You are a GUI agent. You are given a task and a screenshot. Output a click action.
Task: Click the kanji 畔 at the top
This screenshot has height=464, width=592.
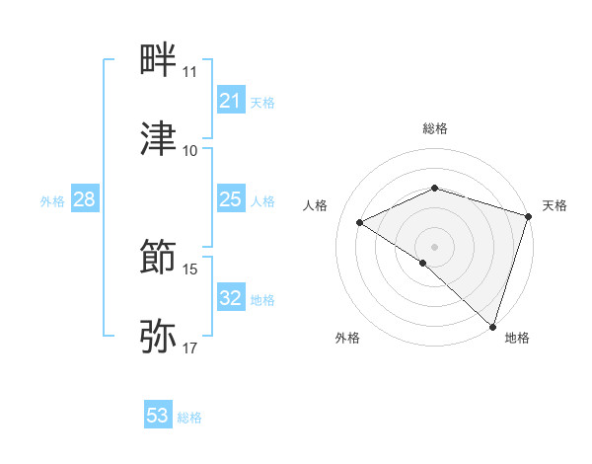159,60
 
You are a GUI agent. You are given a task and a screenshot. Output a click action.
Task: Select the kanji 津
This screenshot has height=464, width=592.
159,138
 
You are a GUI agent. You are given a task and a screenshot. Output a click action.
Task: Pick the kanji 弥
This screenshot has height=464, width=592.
159,337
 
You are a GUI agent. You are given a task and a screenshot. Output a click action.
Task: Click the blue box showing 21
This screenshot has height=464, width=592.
230,101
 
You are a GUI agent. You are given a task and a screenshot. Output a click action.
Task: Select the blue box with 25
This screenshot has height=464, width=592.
230,200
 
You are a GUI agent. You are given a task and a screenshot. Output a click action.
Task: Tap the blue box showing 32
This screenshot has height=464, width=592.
230,298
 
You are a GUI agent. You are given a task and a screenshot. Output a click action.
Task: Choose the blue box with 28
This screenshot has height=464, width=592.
84,200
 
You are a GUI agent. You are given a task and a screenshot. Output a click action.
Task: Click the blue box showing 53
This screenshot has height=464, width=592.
158,416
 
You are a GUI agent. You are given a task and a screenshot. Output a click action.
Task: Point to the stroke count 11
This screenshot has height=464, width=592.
189,72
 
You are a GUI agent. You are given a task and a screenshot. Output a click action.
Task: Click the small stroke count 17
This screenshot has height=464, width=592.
189,348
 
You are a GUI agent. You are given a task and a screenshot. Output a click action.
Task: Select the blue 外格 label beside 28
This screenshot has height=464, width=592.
52,201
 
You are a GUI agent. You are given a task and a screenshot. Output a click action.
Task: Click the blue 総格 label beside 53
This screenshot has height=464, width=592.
189,418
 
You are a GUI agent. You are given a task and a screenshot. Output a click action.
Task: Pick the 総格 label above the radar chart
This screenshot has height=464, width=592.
434,128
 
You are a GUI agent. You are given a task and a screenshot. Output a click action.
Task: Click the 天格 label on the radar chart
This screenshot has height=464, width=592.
555,205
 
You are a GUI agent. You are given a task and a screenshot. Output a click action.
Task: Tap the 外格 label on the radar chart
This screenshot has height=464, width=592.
347,338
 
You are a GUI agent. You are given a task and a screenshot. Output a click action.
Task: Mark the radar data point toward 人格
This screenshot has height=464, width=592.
360,222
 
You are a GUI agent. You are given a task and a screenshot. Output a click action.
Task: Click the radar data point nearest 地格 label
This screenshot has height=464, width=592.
492,326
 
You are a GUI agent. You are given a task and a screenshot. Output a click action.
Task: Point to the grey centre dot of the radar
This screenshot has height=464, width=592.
434,246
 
